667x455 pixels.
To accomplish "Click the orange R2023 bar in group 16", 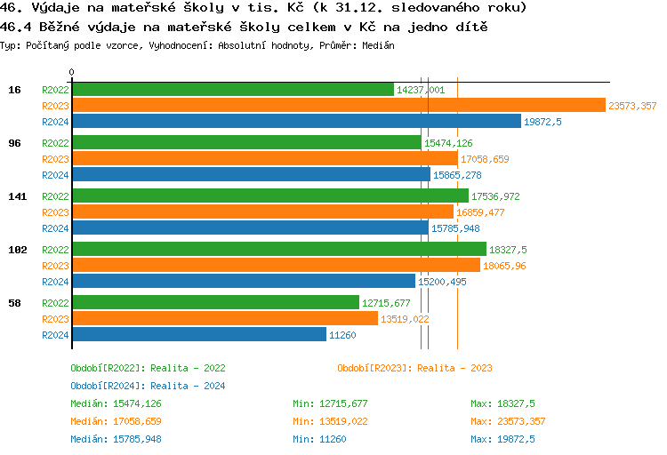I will (x=338, y=106).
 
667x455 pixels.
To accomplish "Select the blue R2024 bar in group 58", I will (x=199, y=335).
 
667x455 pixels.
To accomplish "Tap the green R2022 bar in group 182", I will (x=279, y=250).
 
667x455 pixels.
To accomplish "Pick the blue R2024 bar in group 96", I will (x=251, y=175).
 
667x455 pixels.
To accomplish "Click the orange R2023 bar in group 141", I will (x=262, y=212).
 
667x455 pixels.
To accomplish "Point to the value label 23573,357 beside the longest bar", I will (x=632, y=106).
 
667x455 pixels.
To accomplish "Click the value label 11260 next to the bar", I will (x=343, y=335).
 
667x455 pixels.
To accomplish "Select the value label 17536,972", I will (x=495, y=196).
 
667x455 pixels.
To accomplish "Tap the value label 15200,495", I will (x=442, y=282).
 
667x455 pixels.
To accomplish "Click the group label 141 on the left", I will (x=15, y=196).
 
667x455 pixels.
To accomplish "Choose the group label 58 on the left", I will (x=15, y=303).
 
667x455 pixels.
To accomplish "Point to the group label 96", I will (x=15, y=143).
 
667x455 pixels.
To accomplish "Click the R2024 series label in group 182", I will (x=55, y=282).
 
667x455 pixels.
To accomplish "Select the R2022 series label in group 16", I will (x=55, y=90).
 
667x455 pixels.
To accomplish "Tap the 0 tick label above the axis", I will (x=72, y=72).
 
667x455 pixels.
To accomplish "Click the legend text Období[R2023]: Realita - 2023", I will (x=414, y=368).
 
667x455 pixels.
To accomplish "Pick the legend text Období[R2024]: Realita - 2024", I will (x=148, y=386).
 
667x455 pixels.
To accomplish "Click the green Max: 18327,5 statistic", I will (x=502, y=403).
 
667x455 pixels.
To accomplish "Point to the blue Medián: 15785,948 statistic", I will (x=116, y=439).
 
